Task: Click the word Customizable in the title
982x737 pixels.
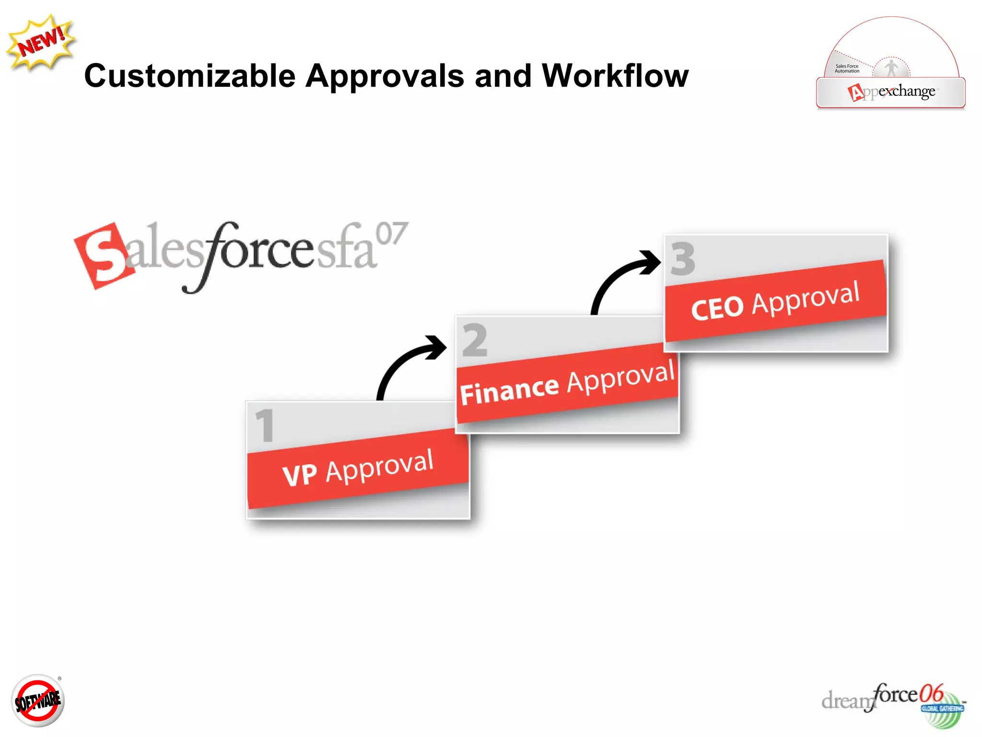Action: point(190,76)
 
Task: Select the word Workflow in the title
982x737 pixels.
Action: point(615,76)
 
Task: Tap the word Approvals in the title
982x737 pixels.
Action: point(385,76)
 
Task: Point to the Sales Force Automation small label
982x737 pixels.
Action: point(847,69)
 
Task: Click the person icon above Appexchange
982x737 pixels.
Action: point(891,68)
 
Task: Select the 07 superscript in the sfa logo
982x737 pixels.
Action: point(391,234)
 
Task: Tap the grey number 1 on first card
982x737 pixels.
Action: point(265,426)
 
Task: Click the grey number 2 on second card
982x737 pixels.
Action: point(475,340)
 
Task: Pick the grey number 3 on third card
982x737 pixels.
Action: point(683,259)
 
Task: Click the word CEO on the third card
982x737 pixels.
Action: point(717,308)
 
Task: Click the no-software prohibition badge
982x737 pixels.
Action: point(38,701)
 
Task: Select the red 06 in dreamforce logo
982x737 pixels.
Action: point(931,693)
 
